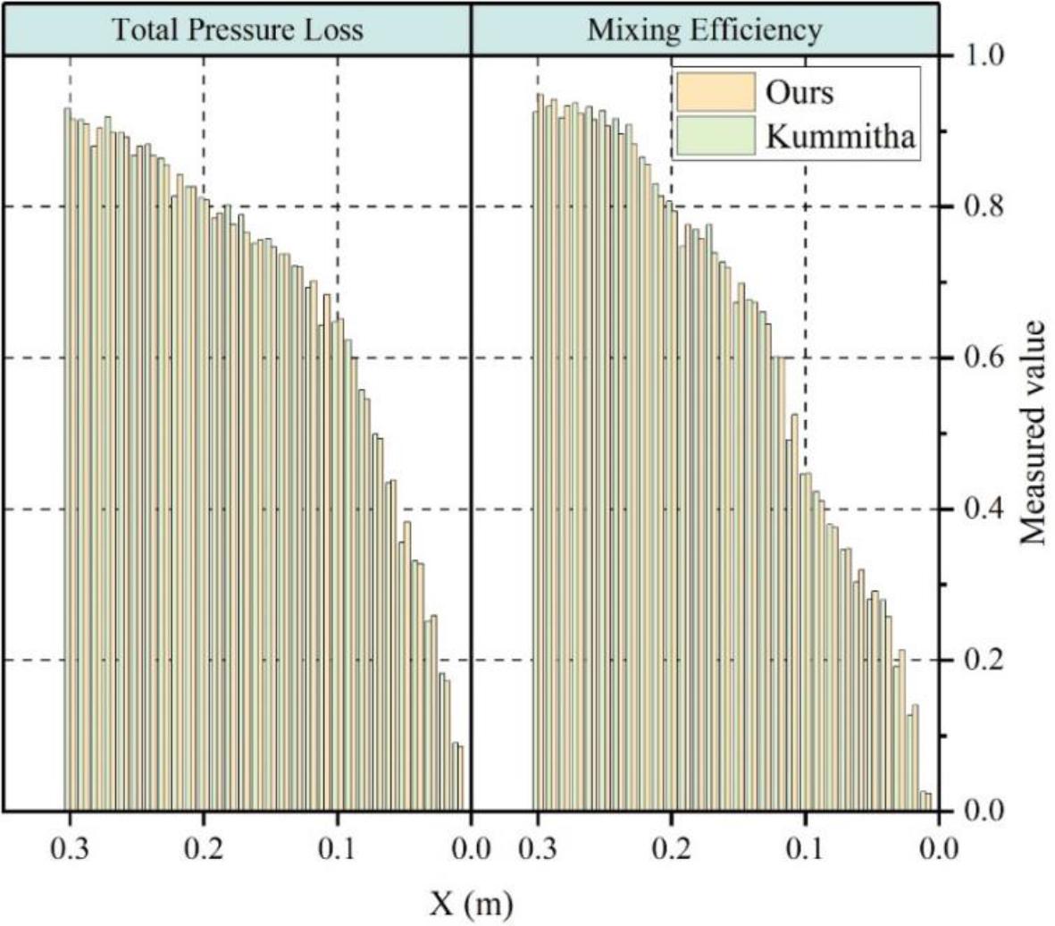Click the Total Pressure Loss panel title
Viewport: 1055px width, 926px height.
pos(237,30)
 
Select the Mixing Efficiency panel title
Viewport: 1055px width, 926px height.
pos(704,30)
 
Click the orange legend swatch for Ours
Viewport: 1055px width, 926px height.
pos(715,92)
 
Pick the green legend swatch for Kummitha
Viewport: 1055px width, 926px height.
pos(715,137)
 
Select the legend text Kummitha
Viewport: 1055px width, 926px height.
pos(841,137)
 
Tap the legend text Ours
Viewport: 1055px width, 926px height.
pos(800,92)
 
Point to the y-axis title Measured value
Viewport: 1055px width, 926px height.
pos(1034,434)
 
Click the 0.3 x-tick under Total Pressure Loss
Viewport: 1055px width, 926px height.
pos(71,846)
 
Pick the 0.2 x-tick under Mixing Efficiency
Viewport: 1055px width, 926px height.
pos(672,846)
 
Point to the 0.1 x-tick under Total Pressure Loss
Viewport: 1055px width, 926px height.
pos(338,846)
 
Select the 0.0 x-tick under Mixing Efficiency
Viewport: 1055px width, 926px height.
pos(939,846)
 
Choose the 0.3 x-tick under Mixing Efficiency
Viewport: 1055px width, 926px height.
pos(538,846)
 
